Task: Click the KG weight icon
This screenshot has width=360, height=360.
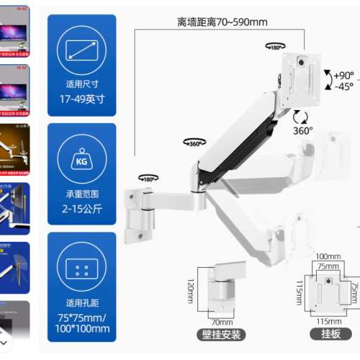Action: [81, 160]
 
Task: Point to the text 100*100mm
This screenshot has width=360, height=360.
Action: [81, 329]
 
